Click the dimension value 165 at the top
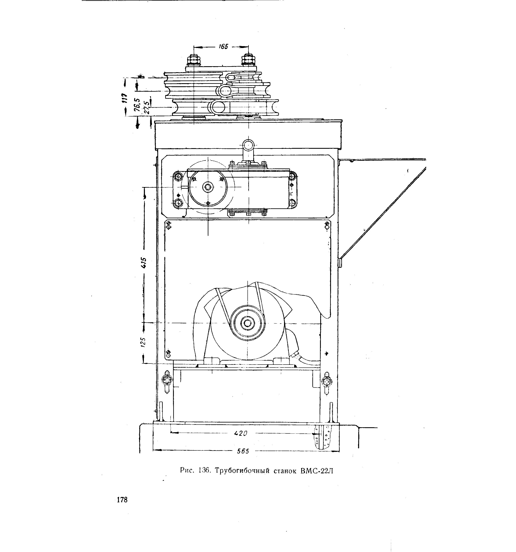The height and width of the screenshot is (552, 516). (x=223, y=47)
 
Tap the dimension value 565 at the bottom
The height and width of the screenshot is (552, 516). (x=243, y=451)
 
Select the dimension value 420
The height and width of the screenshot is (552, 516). (x=240, y=433)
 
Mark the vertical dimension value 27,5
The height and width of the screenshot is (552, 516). (x=147, y=107)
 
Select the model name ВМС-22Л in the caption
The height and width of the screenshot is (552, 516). (x=316, y=471)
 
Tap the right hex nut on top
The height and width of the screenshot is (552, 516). (x=248, y=60)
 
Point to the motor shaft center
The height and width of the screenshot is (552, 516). (x=248, y=323)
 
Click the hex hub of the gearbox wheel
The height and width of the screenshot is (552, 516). (x=208, y=187)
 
